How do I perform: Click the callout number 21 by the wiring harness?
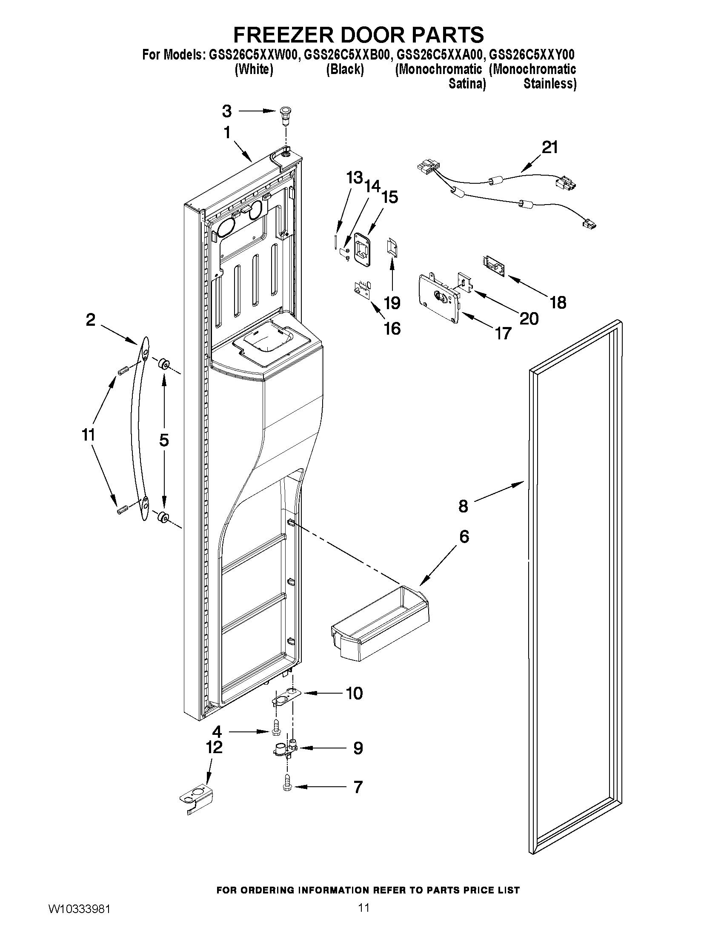tap(550, 148)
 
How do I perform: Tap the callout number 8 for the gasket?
tap(463, 506)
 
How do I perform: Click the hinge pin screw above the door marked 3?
tap(283, 114)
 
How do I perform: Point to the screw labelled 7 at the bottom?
tap(286, 787)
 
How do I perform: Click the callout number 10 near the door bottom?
tap(354, 693)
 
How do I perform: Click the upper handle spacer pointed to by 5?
tap(163, 365)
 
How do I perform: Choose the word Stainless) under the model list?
tap(549, 84)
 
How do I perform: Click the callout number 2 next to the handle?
tap(91, 319)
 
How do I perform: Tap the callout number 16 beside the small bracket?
tap(392, 329)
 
